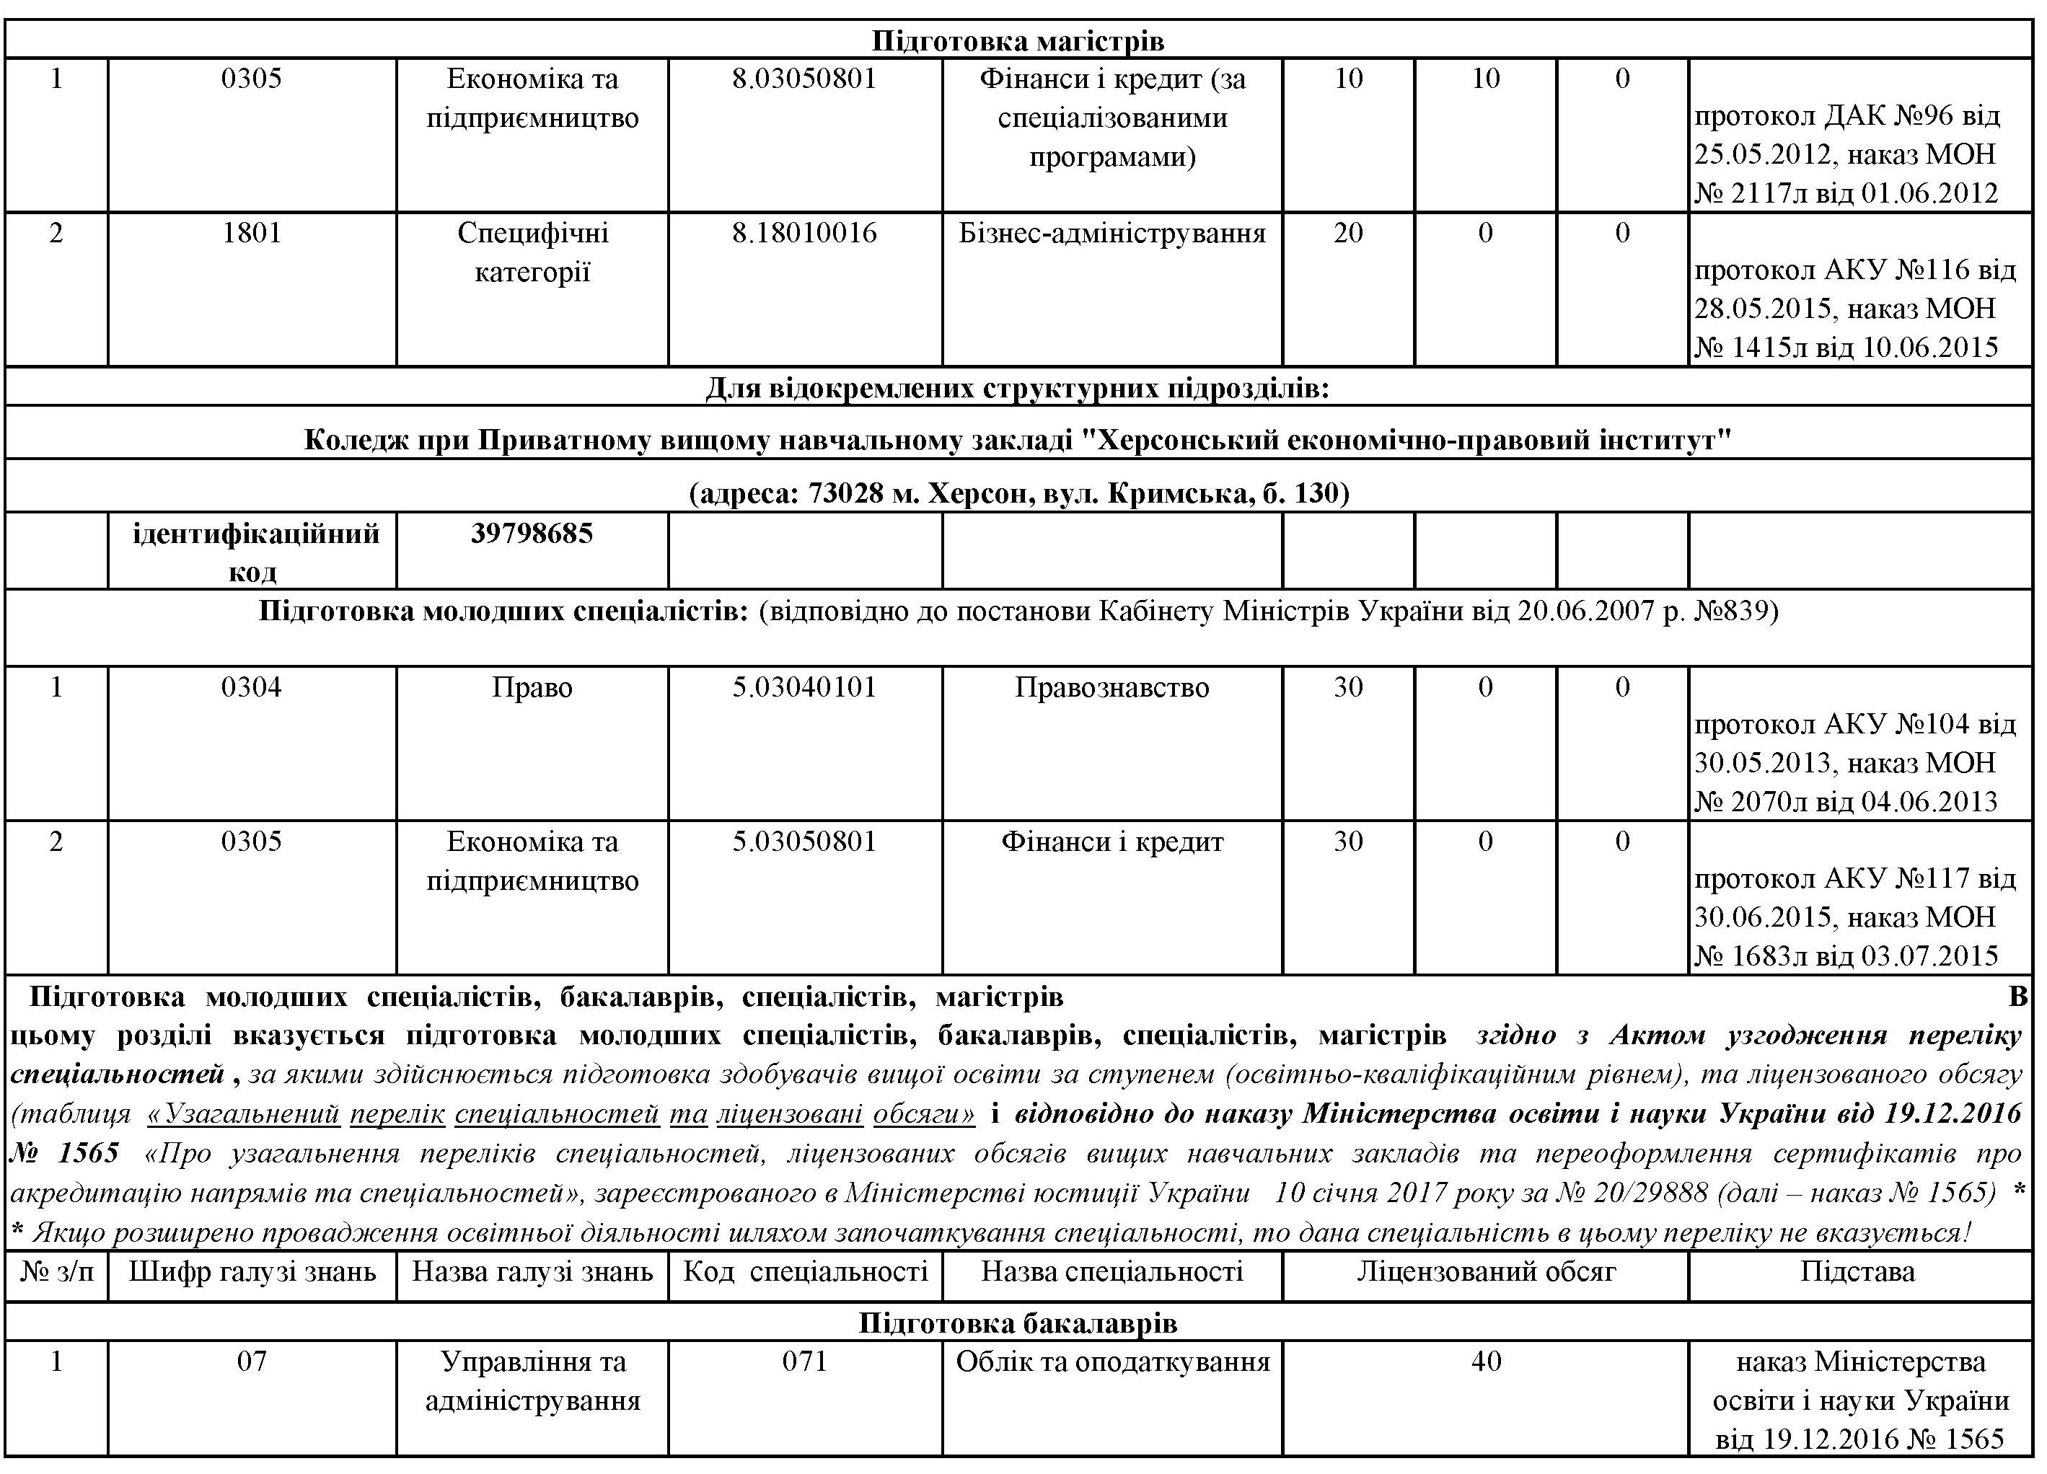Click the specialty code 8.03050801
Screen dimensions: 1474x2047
[804, 79]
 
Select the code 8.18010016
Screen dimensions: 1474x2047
[804, 234]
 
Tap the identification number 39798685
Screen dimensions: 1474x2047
[532, 534]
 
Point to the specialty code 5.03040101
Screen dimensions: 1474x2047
[804, 688]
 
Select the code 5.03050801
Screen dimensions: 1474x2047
[804, 842]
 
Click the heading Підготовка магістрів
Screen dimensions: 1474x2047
[1017, 42]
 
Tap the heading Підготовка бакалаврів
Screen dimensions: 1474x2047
[1017, 1323]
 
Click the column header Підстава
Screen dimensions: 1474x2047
[1857, 1273]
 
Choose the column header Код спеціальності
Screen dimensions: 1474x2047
[804, 1273]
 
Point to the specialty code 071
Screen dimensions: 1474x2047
[804, 1362]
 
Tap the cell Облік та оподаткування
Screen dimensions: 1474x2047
[1112, 1362]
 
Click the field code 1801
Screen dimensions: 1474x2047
[251, 234]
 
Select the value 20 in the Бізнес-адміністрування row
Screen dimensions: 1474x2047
[1347, 234]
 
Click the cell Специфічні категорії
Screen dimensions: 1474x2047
[532, 252]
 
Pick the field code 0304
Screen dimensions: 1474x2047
[251, 688]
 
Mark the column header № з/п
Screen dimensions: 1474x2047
[56, 1273]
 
